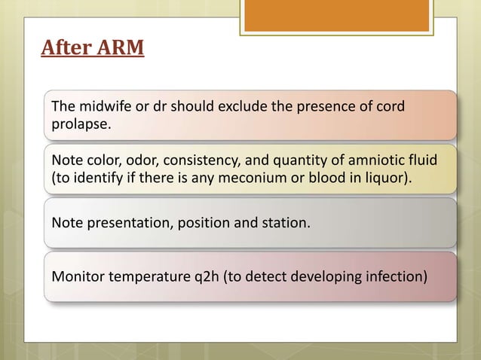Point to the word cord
[x=391, y=105]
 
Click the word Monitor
[x=76, y=276]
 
